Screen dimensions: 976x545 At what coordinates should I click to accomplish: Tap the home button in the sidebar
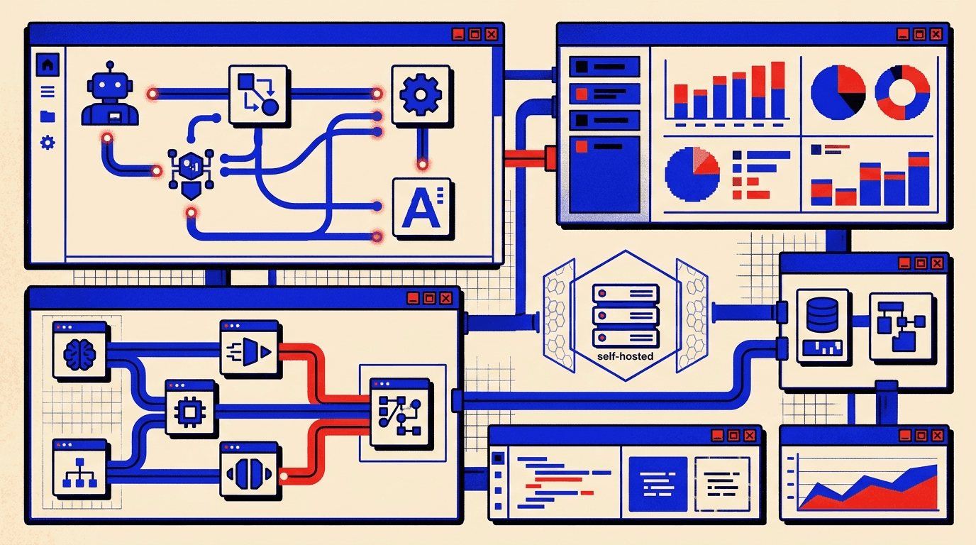48,65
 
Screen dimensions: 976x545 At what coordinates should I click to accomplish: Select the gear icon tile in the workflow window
421,94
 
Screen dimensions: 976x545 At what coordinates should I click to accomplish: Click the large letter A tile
421,207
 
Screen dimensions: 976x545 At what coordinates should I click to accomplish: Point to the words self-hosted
626,356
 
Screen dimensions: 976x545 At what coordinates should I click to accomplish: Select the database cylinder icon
822,314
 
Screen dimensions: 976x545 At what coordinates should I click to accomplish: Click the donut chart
902,92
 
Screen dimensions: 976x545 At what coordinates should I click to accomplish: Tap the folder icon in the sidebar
48,116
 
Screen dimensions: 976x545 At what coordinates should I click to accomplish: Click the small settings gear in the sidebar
48,143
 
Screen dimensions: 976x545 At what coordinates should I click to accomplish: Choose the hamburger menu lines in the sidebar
48,92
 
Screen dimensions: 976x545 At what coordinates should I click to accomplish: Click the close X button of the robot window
492,34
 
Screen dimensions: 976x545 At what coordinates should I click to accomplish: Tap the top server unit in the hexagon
626,293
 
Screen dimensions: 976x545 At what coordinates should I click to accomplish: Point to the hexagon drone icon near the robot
192,173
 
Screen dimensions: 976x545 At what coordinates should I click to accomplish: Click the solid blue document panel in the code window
658,484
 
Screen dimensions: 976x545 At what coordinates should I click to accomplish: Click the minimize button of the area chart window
905,435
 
